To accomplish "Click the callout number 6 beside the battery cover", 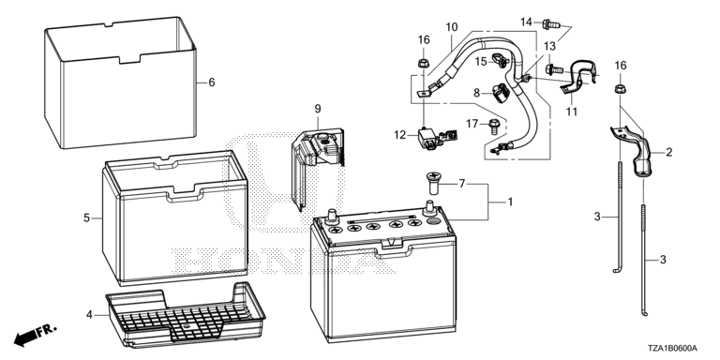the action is click(x=211, y=82).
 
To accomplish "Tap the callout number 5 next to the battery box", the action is click(x=87, y=218).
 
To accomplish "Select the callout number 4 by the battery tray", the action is click(x=90, y=315).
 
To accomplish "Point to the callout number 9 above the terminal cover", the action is click(x=318, y=110).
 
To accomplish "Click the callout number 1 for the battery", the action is click(x=509, y=202).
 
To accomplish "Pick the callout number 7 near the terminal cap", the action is click(x=462, y=185).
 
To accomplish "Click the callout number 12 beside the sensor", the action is click(x=400, y=135).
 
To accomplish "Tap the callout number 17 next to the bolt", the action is click(x=472, y=124).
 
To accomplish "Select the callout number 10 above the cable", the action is click(x=452, y=27).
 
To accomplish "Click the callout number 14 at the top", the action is click(x=526, y=22).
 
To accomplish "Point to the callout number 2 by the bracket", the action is click(x=669, y=153).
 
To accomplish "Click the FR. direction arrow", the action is click(x=36, y=335).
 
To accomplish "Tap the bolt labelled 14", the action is click(x=550, y=22).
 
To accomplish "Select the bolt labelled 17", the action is click(x=494, y=126).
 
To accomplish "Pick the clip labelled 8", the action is click(x=501, y=92).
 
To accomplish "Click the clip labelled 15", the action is click(x=499, y=60).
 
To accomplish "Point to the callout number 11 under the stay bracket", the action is click(x=571, y=112).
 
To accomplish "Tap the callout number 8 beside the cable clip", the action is click(x=477, y=93).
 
